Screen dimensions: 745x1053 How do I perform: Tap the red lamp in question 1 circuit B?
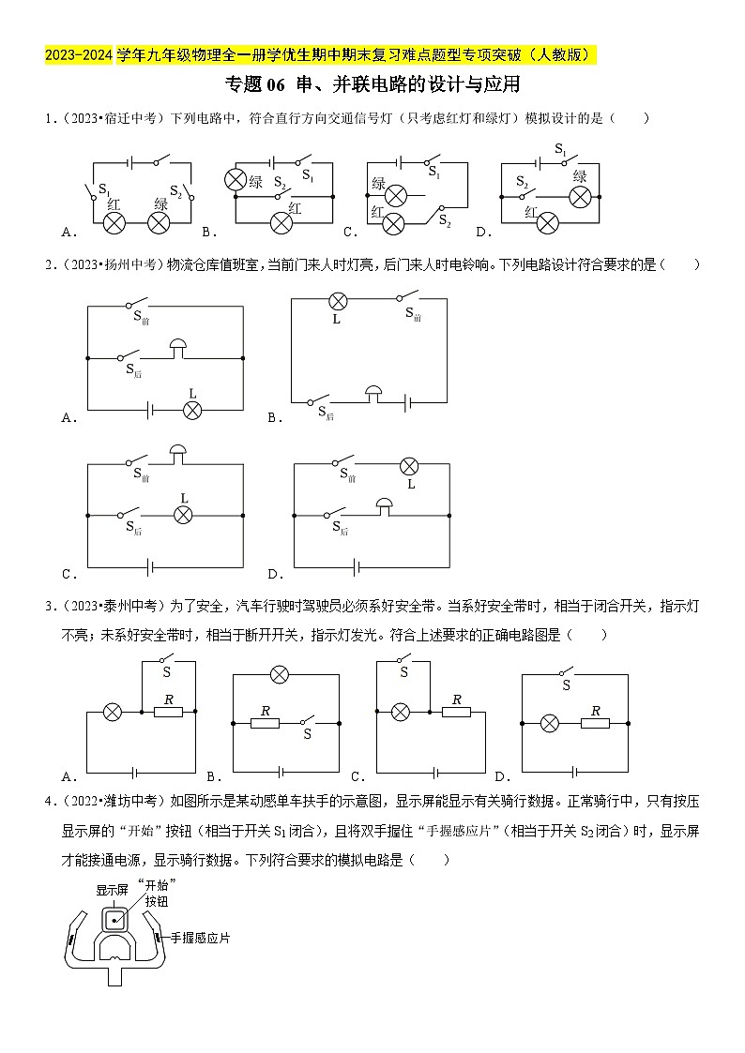pyautogui.click(x=281, y=222)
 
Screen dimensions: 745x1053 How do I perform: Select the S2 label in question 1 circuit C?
pyautogui.click(x=446, y=224)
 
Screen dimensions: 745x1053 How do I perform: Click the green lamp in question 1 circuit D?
pyautogui.click(x=581, y=196)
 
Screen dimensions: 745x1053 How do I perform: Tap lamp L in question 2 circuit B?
pyautogui.click(x=336, y=301)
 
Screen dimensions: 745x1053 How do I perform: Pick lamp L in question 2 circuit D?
pyautogui.click(x=409, y=466)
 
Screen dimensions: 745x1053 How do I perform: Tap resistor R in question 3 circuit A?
pyautogui.click(x=168, y=712)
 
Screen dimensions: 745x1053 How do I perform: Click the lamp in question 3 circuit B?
pyautogui.click(x=278, y=673)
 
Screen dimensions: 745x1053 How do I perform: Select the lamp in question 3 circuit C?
pyautogui.click(x=401, y=712)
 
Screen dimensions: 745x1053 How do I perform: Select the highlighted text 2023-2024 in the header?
pyautogui.click(x=79, y=56)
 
